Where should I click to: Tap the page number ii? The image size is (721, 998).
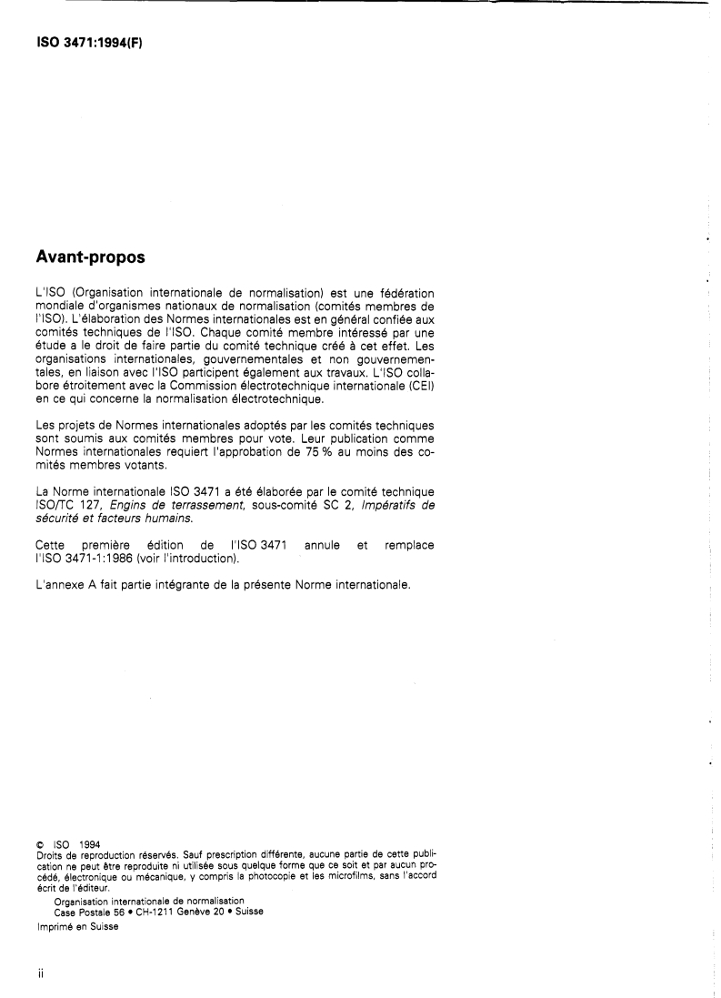click(x=41, y=973)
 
